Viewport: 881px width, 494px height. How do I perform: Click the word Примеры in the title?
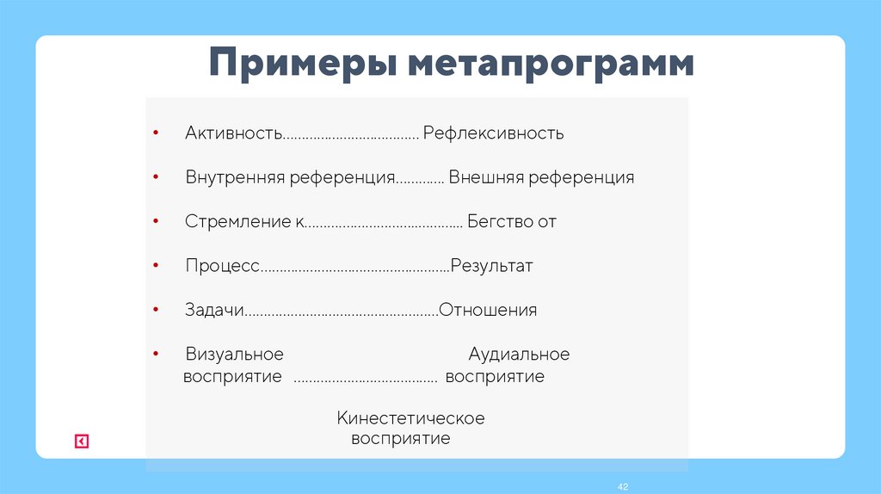click(302, 67)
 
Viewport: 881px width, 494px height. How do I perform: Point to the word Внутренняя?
click(234, 178)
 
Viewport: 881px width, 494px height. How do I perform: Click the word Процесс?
click(222, 266)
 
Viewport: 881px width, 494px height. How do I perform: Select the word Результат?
click(492, 266)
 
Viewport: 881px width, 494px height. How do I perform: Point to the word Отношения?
click(488, 311)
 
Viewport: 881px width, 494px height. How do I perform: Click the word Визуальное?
click(234, 355)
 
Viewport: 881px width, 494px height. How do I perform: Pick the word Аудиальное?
click(519, 355)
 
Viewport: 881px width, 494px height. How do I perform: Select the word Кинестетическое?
click(410, 419)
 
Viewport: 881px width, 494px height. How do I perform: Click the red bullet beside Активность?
click(155, 133)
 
